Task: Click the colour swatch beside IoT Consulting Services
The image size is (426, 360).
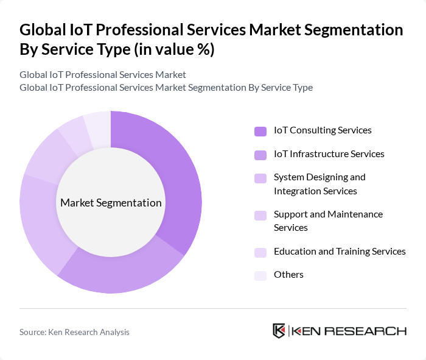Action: coord(260,131)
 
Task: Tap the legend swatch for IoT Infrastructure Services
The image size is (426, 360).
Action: coord(260,155)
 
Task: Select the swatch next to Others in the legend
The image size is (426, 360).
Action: coord(260,275)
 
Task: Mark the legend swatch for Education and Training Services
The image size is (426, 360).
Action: coord(260,252)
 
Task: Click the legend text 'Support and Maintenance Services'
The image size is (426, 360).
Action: coord(328,221)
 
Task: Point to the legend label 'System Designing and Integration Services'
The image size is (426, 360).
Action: coord(319,184)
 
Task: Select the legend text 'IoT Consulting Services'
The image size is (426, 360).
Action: coord(323,130)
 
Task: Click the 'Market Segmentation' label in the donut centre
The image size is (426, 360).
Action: coord(111,203)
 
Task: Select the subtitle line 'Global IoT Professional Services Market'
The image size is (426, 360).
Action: coord(103,75)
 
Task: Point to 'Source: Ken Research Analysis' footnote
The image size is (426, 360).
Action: coord(74,332)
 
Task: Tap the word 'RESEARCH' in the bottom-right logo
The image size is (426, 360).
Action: coord(371,331)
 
